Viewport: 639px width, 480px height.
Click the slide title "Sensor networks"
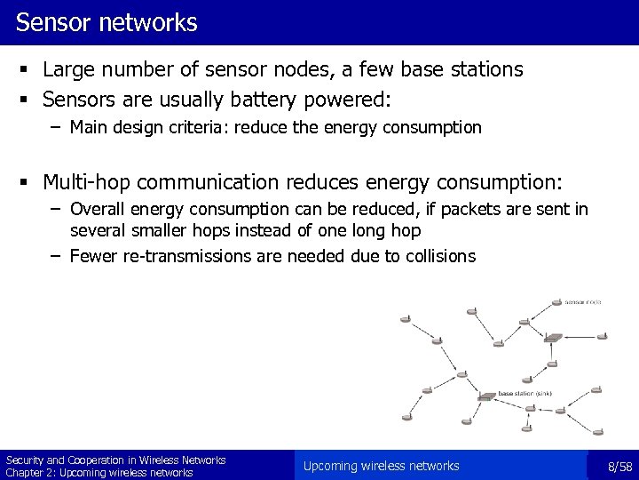tap(106, 22)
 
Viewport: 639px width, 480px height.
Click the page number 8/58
tap(619, 466)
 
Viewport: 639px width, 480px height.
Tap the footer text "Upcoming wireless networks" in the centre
tap(381, 466)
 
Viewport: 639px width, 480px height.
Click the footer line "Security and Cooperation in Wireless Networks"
tap(115, 460)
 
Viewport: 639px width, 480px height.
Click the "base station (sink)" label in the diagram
tap(528, 393)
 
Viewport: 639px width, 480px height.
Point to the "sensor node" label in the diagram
tap(583, 302)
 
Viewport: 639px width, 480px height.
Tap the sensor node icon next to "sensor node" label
tap(557, 300)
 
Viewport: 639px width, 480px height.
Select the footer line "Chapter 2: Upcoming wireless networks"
tap(99, 473)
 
